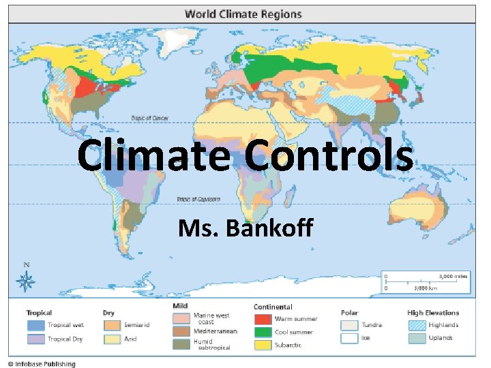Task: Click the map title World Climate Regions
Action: point(243,14)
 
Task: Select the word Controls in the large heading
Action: point(329,155)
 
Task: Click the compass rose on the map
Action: point(27,279)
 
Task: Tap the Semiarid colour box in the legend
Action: point(112,325)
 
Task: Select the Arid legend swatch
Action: point(112,338)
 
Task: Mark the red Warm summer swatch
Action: point(263,319)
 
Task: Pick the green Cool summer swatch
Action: point(263,332)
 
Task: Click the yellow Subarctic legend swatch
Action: point(263,345)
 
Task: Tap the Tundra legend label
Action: point(372,325)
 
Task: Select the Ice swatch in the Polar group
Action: point(350,338)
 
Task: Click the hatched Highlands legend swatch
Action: point(416,325)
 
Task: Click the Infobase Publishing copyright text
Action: point(42,363)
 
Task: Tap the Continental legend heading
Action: point(273,307)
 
